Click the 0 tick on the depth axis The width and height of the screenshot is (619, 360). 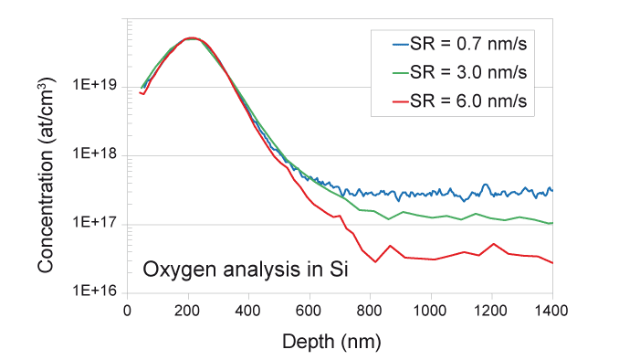[x=127, y=310]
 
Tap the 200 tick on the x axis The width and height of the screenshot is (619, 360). [x=187, y=310]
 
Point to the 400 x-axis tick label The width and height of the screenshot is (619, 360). [x=248, y=310]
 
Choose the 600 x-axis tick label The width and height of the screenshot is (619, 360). [x=309, y=310]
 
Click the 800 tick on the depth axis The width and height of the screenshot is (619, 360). [x=370, y=310]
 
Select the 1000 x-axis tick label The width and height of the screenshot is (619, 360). [x=431, y=310]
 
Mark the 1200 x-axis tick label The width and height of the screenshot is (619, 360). [x=491, y=310]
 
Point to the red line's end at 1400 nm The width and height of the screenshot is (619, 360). [x=552, y=263]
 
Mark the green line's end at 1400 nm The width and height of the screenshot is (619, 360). [x=552, y=223]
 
